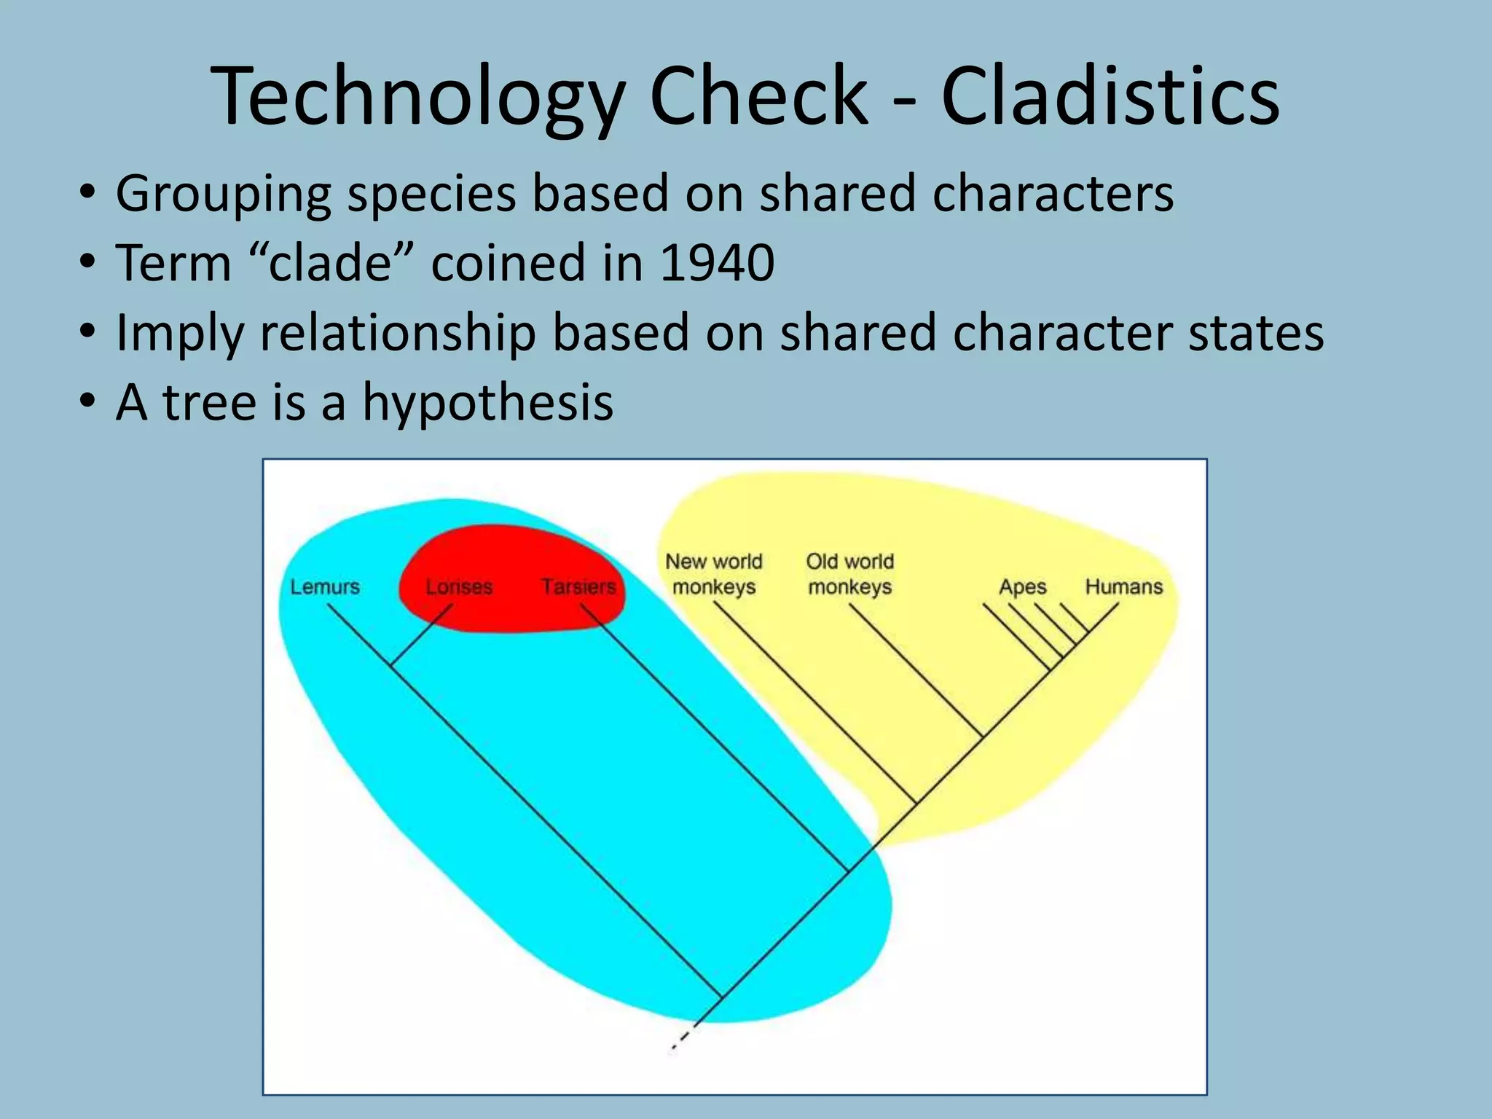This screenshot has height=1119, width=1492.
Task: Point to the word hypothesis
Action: (x=488, y=402)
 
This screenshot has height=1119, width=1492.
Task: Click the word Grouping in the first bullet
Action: (x=223, y=194)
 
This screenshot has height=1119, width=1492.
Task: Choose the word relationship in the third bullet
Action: (x=398, y=332)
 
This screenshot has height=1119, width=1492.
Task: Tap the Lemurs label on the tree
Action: (x=325, y=586)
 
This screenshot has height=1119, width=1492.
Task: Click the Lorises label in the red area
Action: (x=459, y=586)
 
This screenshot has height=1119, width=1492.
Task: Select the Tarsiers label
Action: (x=578, y=586)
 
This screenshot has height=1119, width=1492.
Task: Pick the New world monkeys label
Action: (x=714, y=574)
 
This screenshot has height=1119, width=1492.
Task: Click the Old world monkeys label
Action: (x=849, y=574)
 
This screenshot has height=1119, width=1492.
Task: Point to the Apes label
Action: (x=1022, y=586)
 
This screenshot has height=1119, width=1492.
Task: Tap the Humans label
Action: (x=1123, y=586)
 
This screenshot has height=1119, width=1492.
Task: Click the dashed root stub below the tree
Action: (x=683, y=1037)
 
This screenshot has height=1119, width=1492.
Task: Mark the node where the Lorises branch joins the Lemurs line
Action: (x=391, y=665)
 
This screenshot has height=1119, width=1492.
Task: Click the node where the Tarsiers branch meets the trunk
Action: (x=847, y=871)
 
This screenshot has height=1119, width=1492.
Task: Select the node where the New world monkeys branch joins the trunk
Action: (x=915, y=804)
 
